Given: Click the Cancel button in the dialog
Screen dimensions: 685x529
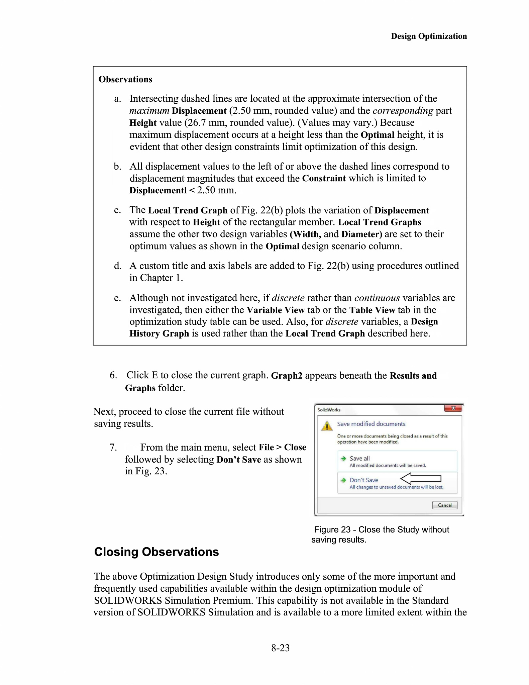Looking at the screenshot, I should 444,505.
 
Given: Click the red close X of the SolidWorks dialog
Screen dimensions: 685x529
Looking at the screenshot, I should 453,408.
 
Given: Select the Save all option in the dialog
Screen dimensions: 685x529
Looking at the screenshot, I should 359,459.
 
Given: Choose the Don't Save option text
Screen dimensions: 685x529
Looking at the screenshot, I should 364,480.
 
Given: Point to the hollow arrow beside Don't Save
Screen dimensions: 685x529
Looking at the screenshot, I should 421,479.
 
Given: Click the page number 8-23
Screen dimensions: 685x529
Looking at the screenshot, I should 280,648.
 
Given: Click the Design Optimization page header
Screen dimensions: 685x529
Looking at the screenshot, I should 429,36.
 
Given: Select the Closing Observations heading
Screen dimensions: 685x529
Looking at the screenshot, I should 156,552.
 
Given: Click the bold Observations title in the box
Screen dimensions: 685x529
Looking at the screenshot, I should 125,79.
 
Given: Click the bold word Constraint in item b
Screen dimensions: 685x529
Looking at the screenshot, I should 324,178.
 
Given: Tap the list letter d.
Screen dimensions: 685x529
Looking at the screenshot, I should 117,266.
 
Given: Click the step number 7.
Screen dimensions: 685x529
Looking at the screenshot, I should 113,447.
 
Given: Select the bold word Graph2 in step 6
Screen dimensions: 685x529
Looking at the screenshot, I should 287,376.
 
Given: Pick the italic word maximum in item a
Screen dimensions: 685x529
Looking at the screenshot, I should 149,111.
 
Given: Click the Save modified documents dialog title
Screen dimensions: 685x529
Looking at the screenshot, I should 371,424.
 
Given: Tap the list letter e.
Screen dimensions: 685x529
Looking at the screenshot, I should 117,298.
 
